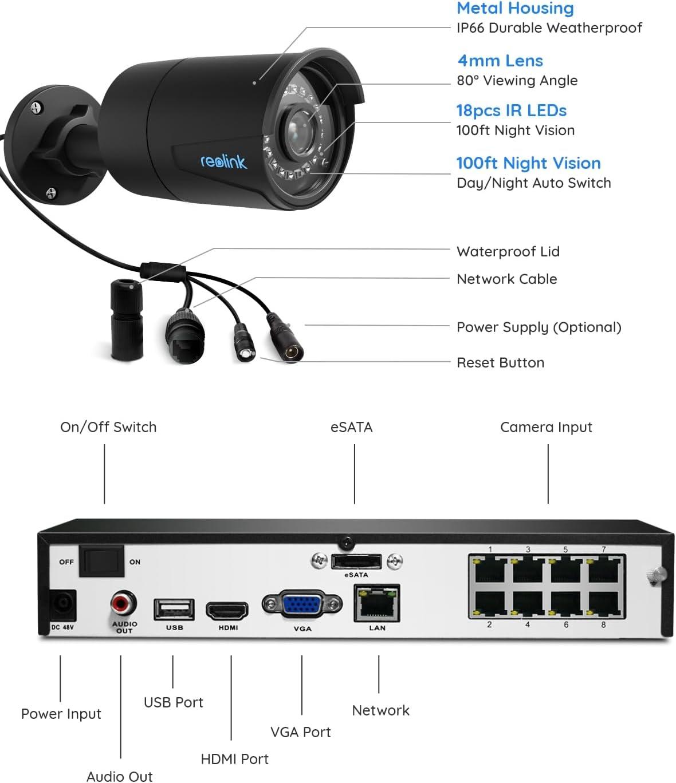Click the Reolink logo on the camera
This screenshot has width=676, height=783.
point(223,162)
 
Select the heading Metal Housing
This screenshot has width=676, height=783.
point(515,9)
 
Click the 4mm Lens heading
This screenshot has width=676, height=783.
point(500,61)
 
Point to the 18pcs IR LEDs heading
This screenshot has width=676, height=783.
point(511,110)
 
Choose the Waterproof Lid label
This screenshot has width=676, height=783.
point(508,251)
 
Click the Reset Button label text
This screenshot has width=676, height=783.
point(500,362)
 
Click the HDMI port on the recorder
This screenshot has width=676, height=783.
point(227,611)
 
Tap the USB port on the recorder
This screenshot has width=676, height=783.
point(174,609)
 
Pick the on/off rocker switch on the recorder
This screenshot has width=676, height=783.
point(101,561)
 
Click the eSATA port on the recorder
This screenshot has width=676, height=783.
point(356,561)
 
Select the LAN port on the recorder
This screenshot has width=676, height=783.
point(376,603)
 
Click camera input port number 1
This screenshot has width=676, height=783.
point(490,570)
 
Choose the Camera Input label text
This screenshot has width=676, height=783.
point(546,427)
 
